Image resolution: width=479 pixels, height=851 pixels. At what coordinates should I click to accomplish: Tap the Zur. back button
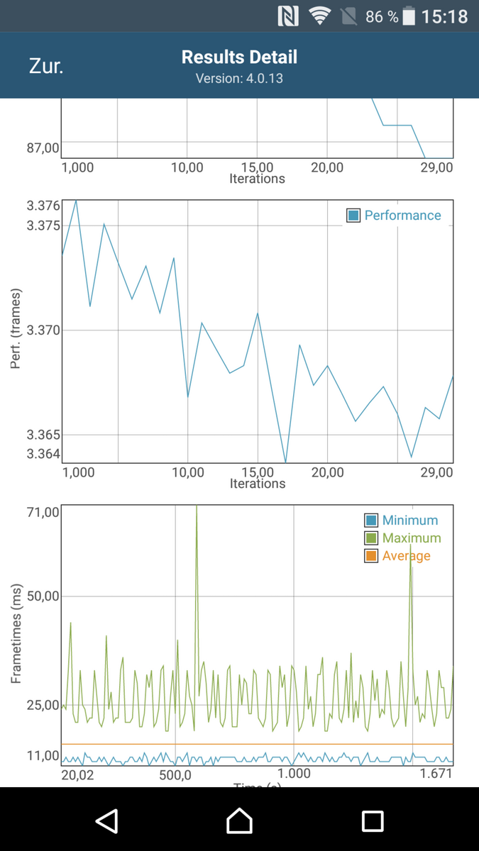46,67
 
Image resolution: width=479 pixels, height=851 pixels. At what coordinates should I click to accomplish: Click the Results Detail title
239,57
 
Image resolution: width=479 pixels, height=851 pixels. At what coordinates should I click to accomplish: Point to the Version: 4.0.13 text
239,79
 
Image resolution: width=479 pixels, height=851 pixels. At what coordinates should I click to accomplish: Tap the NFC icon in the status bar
288,16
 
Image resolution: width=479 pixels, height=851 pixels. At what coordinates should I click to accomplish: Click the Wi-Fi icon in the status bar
320,16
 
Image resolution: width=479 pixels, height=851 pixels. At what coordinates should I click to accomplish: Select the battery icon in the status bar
409,16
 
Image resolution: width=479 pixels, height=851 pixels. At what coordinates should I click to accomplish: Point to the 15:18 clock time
445,16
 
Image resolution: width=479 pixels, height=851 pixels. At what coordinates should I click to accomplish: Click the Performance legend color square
353,216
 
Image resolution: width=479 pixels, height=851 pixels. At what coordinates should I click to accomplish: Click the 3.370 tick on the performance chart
43,330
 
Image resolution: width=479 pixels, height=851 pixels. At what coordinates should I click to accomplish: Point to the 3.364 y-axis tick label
43,454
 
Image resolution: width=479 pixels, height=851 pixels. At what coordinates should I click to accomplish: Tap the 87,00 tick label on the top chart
43,148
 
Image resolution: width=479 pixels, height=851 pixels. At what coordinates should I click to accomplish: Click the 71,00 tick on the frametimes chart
43,512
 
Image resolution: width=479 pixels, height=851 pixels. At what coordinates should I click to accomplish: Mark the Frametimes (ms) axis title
16,633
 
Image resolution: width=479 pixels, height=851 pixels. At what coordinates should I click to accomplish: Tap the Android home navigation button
239,821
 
